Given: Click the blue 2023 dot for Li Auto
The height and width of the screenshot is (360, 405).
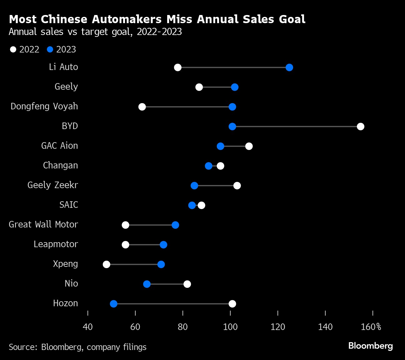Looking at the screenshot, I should coord(289,67).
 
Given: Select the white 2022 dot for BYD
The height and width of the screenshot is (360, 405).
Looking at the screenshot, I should coord(361,127).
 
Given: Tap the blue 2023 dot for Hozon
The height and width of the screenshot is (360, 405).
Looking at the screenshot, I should coord(113,304).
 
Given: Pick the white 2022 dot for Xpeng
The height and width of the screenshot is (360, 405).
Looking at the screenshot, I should coord(107,264).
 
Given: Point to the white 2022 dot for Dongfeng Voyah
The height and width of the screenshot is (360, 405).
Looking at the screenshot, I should coord(142,107).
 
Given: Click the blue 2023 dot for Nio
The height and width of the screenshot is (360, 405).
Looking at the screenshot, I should coord(147,284).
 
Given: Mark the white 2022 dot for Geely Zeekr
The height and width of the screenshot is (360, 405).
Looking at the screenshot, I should coord(237,186).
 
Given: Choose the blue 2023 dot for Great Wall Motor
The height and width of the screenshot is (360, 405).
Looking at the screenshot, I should coord(175,225).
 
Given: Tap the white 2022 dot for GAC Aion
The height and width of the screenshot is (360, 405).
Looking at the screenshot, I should coord(249,146).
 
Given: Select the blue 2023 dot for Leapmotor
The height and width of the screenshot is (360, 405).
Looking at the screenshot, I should coord(163,245).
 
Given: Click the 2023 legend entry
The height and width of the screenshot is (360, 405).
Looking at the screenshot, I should coord(62,49).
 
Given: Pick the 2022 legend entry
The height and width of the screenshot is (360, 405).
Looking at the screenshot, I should coord(25,49).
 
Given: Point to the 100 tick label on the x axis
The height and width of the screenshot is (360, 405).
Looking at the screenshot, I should coord(230,327).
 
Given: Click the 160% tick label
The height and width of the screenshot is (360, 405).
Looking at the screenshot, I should coord(371,327).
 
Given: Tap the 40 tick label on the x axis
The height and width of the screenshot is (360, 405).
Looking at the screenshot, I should coord(88,327).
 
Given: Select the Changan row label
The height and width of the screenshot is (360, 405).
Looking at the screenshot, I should coord(60,165).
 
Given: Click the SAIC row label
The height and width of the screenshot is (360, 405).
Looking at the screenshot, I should coord(69,205).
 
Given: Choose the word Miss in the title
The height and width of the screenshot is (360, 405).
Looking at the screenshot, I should coord(180,19).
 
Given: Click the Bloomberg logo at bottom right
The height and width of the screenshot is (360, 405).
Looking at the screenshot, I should coord(371,346).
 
